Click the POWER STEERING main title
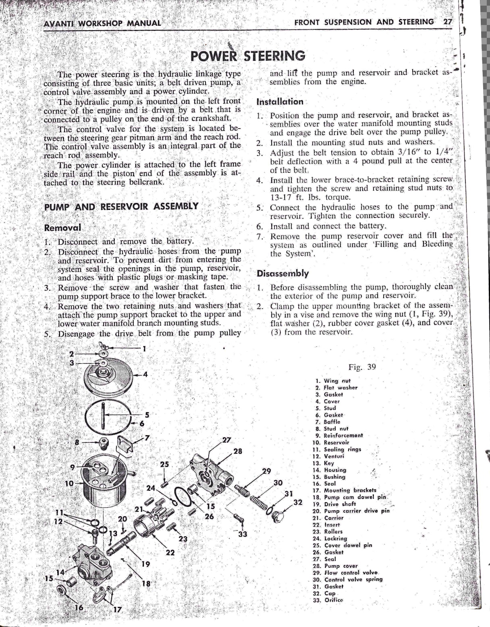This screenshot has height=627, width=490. tap(248, 55)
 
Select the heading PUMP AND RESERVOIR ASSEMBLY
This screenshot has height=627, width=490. tap(121, 207)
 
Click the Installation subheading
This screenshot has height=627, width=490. tap(280, 102)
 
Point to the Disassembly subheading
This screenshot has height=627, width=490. tap(282, 274)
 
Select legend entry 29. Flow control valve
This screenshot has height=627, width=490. tap(345, 573)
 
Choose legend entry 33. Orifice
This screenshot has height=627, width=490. tap(328, 600)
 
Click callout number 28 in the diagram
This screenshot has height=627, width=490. tap(238, 451)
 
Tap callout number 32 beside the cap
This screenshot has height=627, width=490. tap(298, 502)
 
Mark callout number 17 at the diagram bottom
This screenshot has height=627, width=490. tap(117, 610)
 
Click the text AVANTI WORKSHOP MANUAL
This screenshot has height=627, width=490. tap(102, 23)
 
